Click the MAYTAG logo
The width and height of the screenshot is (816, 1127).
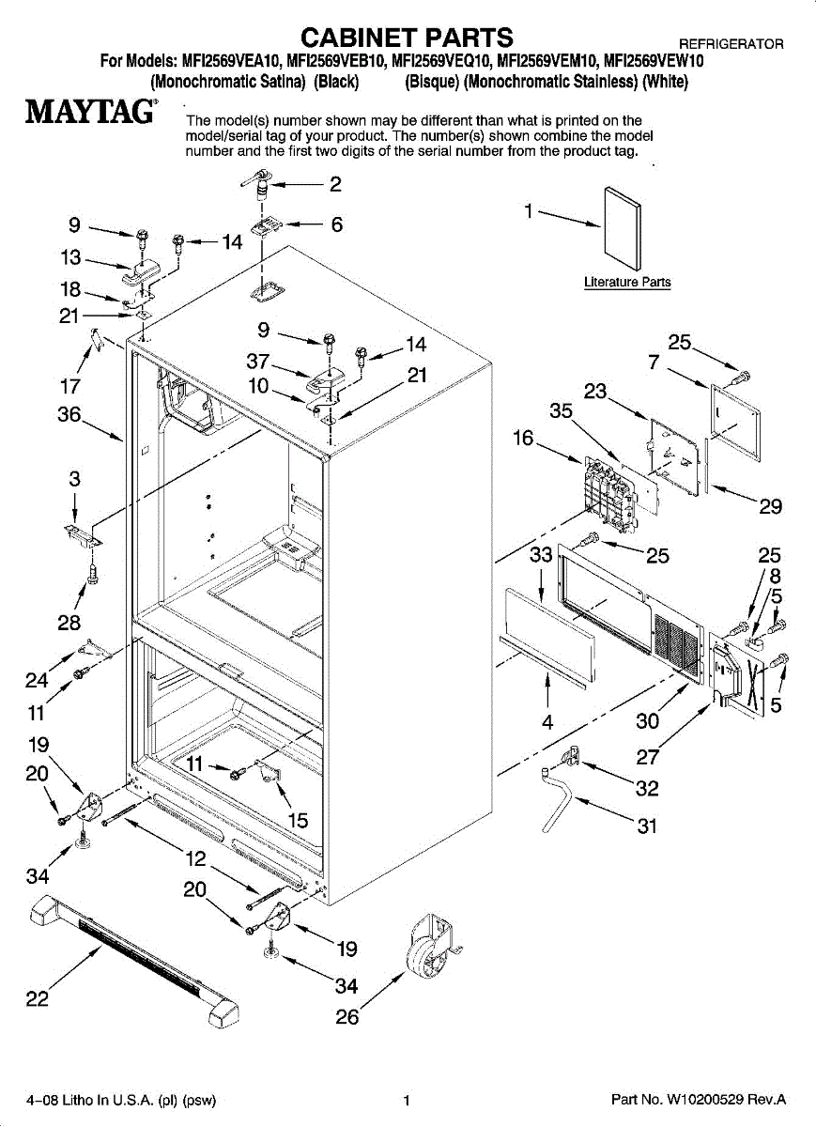(x=90, y=112)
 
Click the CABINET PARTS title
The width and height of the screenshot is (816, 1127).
(x=407, y=37)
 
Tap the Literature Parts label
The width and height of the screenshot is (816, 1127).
(x=627, y=282)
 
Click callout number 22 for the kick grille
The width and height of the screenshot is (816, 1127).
(x=37, y=998)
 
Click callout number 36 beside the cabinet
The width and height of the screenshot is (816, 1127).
(x=69, y=414)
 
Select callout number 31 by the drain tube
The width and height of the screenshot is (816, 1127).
(x=646, y=826)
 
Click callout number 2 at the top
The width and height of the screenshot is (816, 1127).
(x=334, y=184)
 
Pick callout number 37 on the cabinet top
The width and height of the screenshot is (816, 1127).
(x=258, y=361)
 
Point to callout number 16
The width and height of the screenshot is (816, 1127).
(x=523, y=437)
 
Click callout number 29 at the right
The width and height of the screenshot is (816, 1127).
(x=770, y=506)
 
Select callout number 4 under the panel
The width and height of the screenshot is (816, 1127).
(x=547, y=721)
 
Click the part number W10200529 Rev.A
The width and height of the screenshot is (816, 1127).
(x=698, y=1100)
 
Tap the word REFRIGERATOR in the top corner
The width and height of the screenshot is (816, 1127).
(x=731, y=44)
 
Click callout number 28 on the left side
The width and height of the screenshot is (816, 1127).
(x=69, y=622)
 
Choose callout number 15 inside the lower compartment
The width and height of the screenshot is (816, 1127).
(x=298, y=820)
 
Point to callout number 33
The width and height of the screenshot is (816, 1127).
(x=541, y=555)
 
